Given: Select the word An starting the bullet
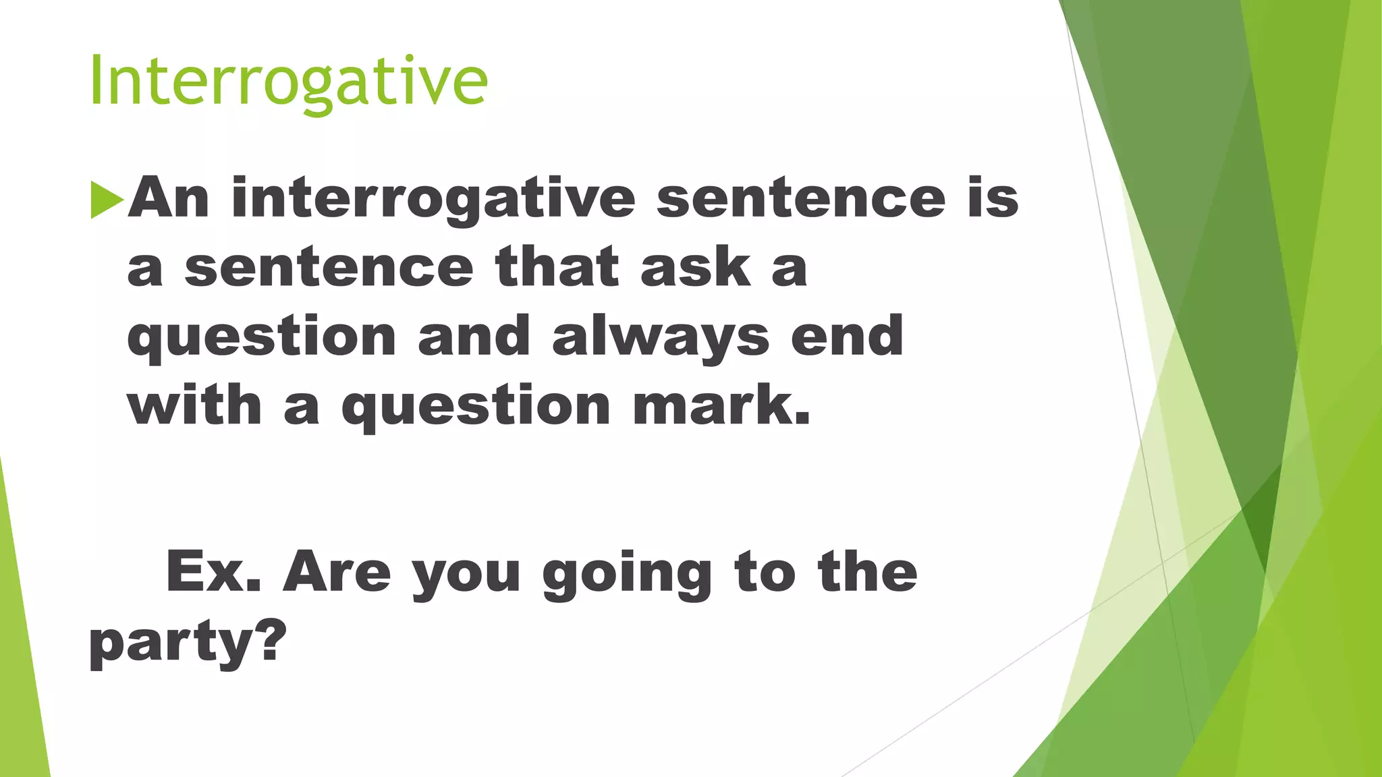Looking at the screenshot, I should coord(169,198).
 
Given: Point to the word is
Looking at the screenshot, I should coord(993,198).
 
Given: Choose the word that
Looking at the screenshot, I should coord(557,267).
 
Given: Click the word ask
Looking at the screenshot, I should coord(696,267).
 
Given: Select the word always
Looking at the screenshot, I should coord(661,338).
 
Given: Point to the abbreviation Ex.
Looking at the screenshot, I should coord(213,572).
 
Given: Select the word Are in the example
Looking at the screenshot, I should coord(337,572).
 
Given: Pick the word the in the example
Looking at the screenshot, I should coord(867,572).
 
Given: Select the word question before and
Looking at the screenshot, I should coord(262,338).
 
